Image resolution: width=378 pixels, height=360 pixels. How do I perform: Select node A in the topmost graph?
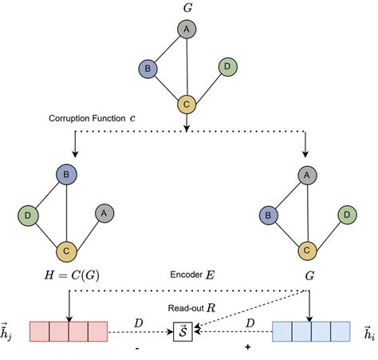click(187, 30)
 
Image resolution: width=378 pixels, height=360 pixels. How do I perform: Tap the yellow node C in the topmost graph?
click(187, 105)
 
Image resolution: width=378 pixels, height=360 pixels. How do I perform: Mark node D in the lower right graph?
click(345, 213)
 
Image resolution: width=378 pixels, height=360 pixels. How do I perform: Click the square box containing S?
click(185, 330)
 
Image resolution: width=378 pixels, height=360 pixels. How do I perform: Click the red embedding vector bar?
click(68, 330)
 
